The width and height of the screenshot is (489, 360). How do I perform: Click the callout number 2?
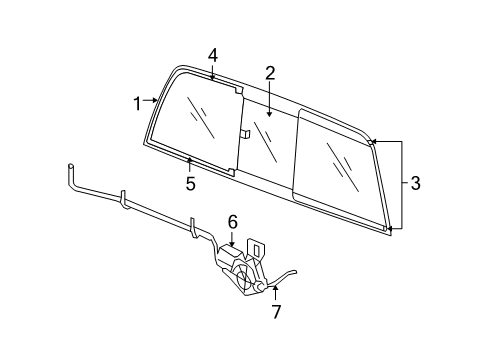[269, 72]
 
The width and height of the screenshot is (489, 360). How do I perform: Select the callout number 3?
[415, 183]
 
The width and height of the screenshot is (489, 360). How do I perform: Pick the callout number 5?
[189, 183]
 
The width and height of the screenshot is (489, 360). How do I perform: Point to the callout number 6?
[231, 222]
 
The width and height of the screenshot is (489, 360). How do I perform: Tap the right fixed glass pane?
[340, 170]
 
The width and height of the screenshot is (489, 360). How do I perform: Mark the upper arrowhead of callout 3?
[371, 143]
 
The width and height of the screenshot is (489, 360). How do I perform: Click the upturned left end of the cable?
[71, 166]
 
